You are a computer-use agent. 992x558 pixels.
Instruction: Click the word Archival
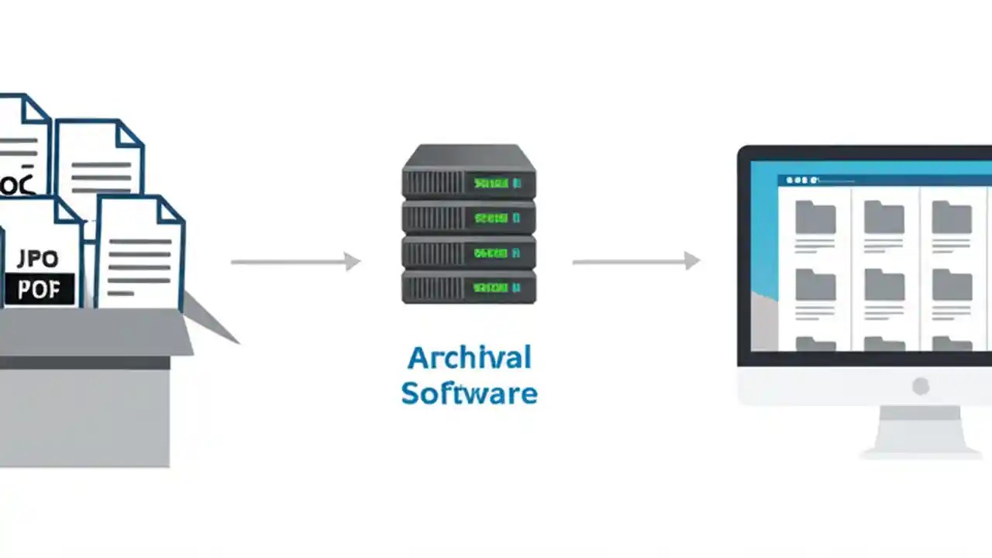(x=469, y=358)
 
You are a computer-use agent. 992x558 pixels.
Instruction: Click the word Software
(x=469, y=393)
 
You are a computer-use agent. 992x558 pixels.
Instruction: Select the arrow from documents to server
(x=295, y=262)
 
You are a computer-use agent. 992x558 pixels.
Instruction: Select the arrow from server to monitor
(x=635, y=262)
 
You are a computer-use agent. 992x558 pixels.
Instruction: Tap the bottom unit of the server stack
(x=468, y=288)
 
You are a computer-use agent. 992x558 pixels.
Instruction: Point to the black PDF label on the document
(x=39, y=290)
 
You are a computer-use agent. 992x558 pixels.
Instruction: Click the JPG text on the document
(x=37, y=259)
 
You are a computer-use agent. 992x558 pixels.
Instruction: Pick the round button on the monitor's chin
(x=921, y=386)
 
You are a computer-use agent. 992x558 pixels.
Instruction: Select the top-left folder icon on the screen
(x=815, y=217)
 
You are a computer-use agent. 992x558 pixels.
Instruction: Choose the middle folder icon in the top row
(x=884, y=217)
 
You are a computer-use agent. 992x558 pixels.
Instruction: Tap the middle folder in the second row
(x=884, y=284)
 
